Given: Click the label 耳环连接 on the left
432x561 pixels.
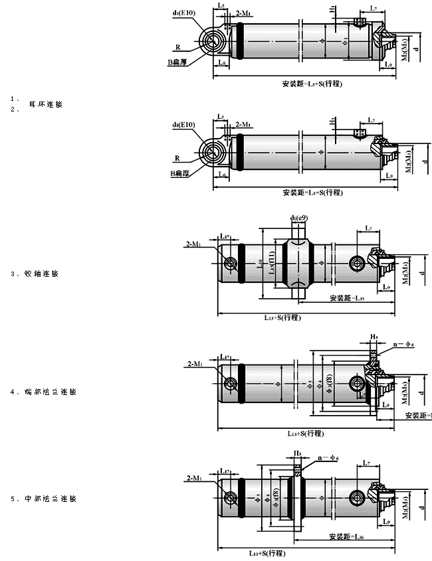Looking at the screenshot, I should pos(45,106).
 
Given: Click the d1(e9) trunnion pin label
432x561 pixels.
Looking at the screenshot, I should pos(299,218).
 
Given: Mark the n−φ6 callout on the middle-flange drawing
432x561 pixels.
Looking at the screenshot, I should pos(329,459).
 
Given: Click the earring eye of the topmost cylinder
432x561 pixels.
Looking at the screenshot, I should pos(214,42).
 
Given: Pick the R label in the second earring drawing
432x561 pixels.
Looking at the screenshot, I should pos(178,159).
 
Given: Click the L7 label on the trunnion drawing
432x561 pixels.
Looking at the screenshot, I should pos(368,229).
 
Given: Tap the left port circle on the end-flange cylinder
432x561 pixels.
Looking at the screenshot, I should pos(231,383).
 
